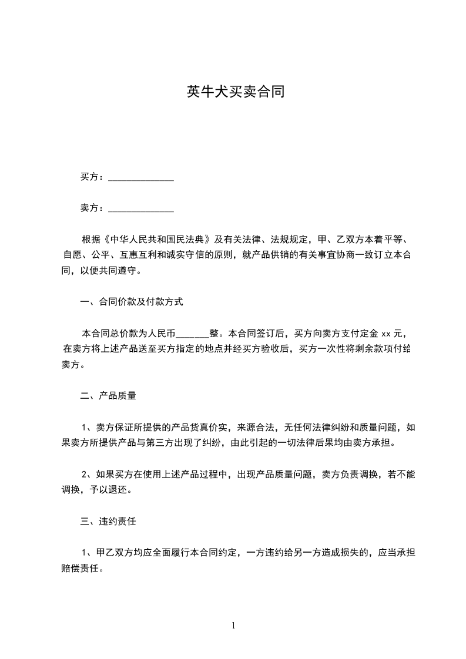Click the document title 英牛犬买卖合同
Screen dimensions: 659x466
(236, 92)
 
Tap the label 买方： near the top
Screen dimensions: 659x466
(92, 177)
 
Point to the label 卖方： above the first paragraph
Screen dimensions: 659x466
(92, 208)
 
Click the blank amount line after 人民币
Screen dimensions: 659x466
(192, 334)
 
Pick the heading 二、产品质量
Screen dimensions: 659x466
(108, 396)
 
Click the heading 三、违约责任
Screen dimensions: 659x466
(108, 521)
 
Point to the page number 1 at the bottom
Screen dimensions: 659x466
(233, 626)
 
